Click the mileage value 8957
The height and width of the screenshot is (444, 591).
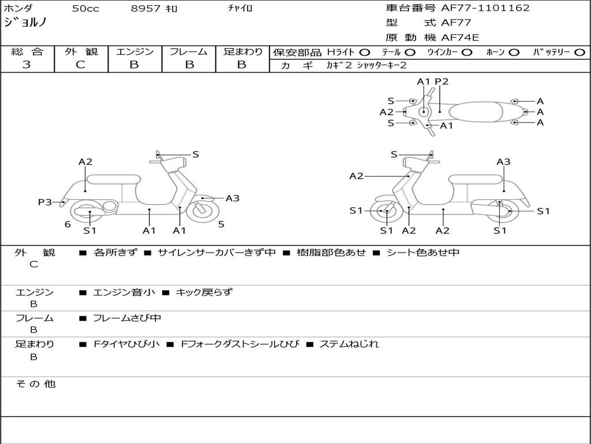tap(146, 9)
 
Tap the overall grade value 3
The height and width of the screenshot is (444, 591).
tap(27, 65)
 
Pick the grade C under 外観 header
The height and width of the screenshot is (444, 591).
tap(80, 65)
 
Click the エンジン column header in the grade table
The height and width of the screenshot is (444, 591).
tap(134, 52)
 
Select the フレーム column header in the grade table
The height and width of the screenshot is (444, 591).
tap(188, 52)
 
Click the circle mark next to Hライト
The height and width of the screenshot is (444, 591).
tap(364, 53)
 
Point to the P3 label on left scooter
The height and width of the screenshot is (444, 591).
tap(44, 202)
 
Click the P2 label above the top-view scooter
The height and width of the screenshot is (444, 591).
tap(442, 82)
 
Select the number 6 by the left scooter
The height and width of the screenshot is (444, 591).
tap(68, 224)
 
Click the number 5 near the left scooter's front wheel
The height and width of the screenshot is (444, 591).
tap(221, 224)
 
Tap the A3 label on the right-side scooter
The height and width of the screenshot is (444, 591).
tap(503, 162)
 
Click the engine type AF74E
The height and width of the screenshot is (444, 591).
tap(460, 38)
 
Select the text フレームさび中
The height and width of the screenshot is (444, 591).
tap(127, 318)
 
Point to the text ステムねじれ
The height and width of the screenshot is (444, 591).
tap(349, 344)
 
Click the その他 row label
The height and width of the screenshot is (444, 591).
tap(35, 384)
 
